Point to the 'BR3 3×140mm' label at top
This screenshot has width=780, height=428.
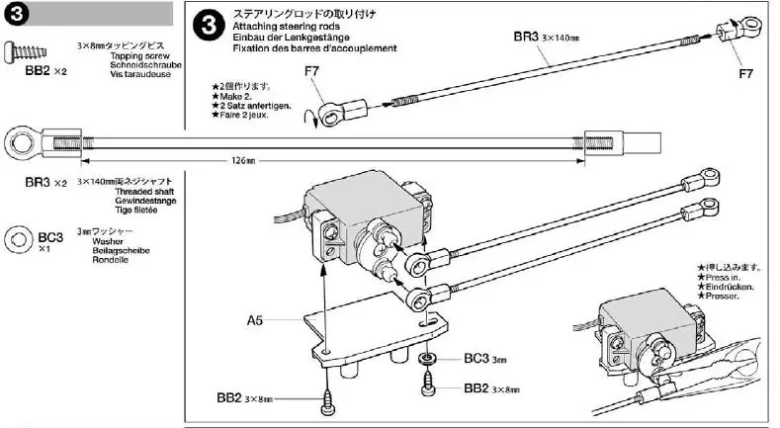(545, 37)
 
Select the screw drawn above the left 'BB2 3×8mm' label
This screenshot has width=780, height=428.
(328, 397)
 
